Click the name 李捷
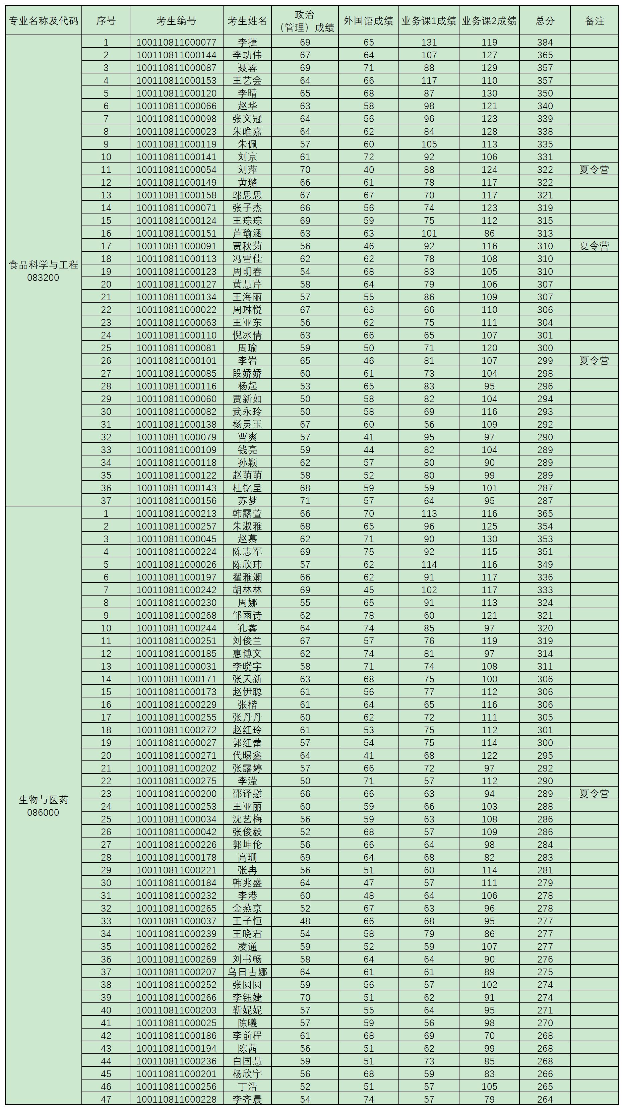(x=247, y=42)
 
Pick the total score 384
(x=545, y=42)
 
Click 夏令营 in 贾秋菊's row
(x=594, y=246)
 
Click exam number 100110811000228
(x=176, y=1099)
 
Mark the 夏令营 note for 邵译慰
(x=594, y=794)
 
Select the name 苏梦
(x=247, y=501)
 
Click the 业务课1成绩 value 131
(x=429, y=42)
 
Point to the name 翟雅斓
(x=247, y=577)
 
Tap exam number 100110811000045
(x=176, y=539)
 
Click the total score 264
(x=545, y=1099)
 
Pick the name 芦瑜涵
(x=247, y=234)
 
